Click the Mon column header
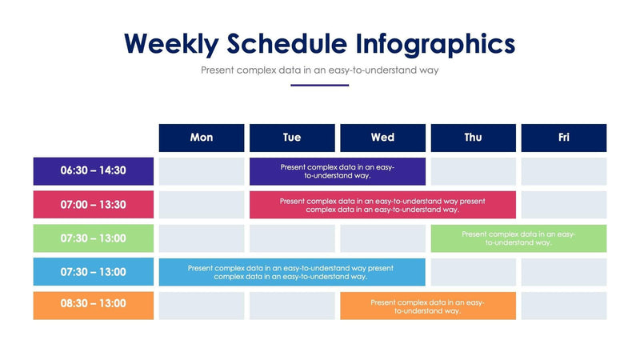tap(202, 138)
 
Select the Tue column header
tap(292, 138)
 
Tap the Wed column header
tap(382, 138)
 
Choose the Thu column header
tap(473, 138)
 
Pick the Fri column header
tap(564, 138)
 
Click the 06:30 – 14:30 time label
tap(94, 171)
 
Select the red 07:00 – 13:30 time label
tap(94, 205)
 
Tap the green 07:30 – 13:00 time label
tap(94, 238)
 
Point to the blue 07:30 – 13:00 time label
tap(94, 272)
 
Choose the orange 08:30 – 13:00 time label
tap(94, 305)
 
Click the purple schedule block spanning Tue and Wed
tap(337, 171)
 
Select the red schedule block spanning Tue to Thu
tap(382, 205)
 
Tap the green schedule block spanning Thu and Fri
tap(518, 238)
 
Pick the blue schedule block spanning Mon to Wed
tap(291, 272)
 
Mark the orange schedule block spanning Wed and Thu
tap(428, 306)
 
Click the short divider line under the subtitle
tap(320, 85)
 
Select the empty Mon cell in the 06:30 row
tap(202, 171)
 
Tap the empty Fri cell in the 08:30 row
tap(564, 306)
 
